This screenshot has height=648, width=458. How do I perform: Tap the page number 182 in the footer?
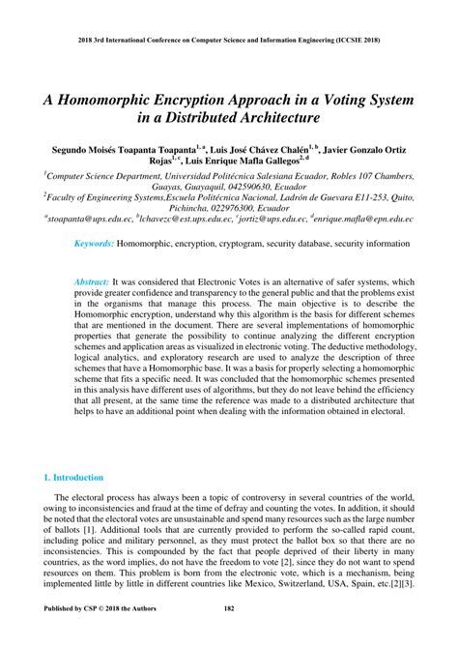(x=229, y=634)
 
